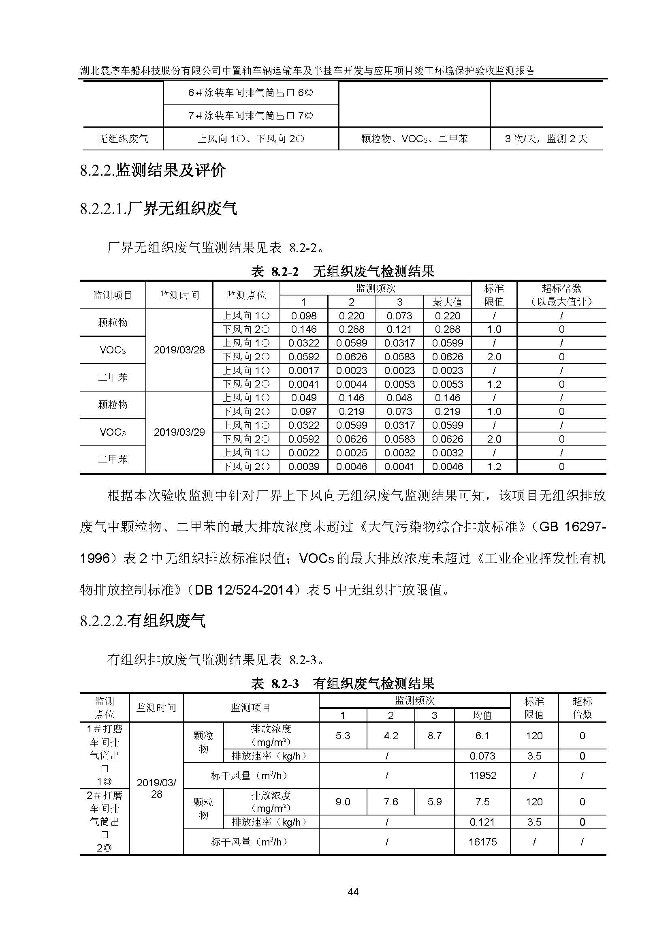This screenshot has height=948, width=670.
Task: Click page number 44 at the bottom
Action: (353, 892)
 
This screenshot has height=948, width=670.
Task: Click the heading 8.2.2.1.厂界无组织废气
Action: (159, 208)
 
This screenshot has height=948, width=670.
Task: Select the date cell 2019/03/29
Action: (179, 432)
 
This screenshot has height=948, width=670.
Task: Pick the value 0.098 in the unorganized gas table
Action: (304, 316)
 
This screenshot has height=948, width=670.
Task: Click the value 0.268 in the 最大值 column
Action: (448, 330)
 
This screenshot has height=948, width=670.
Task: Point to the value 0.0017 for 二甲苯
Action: (304, 371)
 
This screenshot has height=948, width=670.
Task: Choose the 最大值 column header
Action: (448, 302)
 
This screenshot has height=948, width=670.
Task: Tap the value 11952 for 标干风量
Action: (482, 775)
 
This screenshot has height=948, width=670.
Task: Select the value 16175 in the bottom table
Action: (482, 841)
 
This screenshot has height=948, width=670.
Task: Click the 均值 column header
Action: (482, 715)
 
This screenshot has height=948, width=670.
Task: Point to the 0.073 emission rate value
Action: (482, 756)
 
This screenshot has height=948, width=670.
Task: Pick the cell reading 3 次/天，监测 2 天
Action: (546, 139)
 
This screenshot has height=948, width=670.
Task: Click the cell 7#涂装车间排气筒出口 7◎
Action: (250, 116)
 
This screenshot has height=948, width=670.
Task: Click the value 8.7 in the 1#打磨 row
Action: (434, 736)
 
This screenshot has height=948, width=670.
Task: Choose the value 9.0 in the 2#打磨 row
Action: (342, 802)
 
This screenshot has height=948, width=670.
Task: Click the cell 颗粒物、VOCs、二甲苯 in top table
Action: (414, 139)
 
